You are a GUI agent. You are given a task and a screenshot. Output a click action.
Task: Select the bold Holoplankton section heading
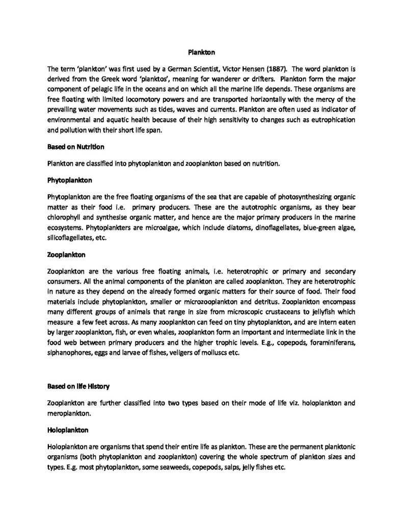click(68, 430)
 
